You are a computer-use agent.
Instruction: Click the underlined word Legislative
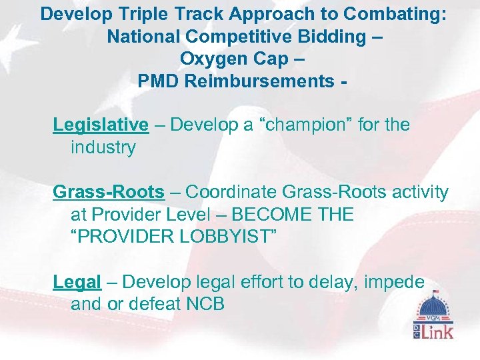click(x=101, y=125)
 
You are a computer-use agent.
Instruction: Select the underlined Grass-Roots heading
click(x=109, y=193)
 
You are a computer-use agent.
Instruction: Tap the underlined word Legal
click(x=77, y=283)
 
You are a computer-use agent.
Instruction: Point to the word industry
click(x=103, y=147)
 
